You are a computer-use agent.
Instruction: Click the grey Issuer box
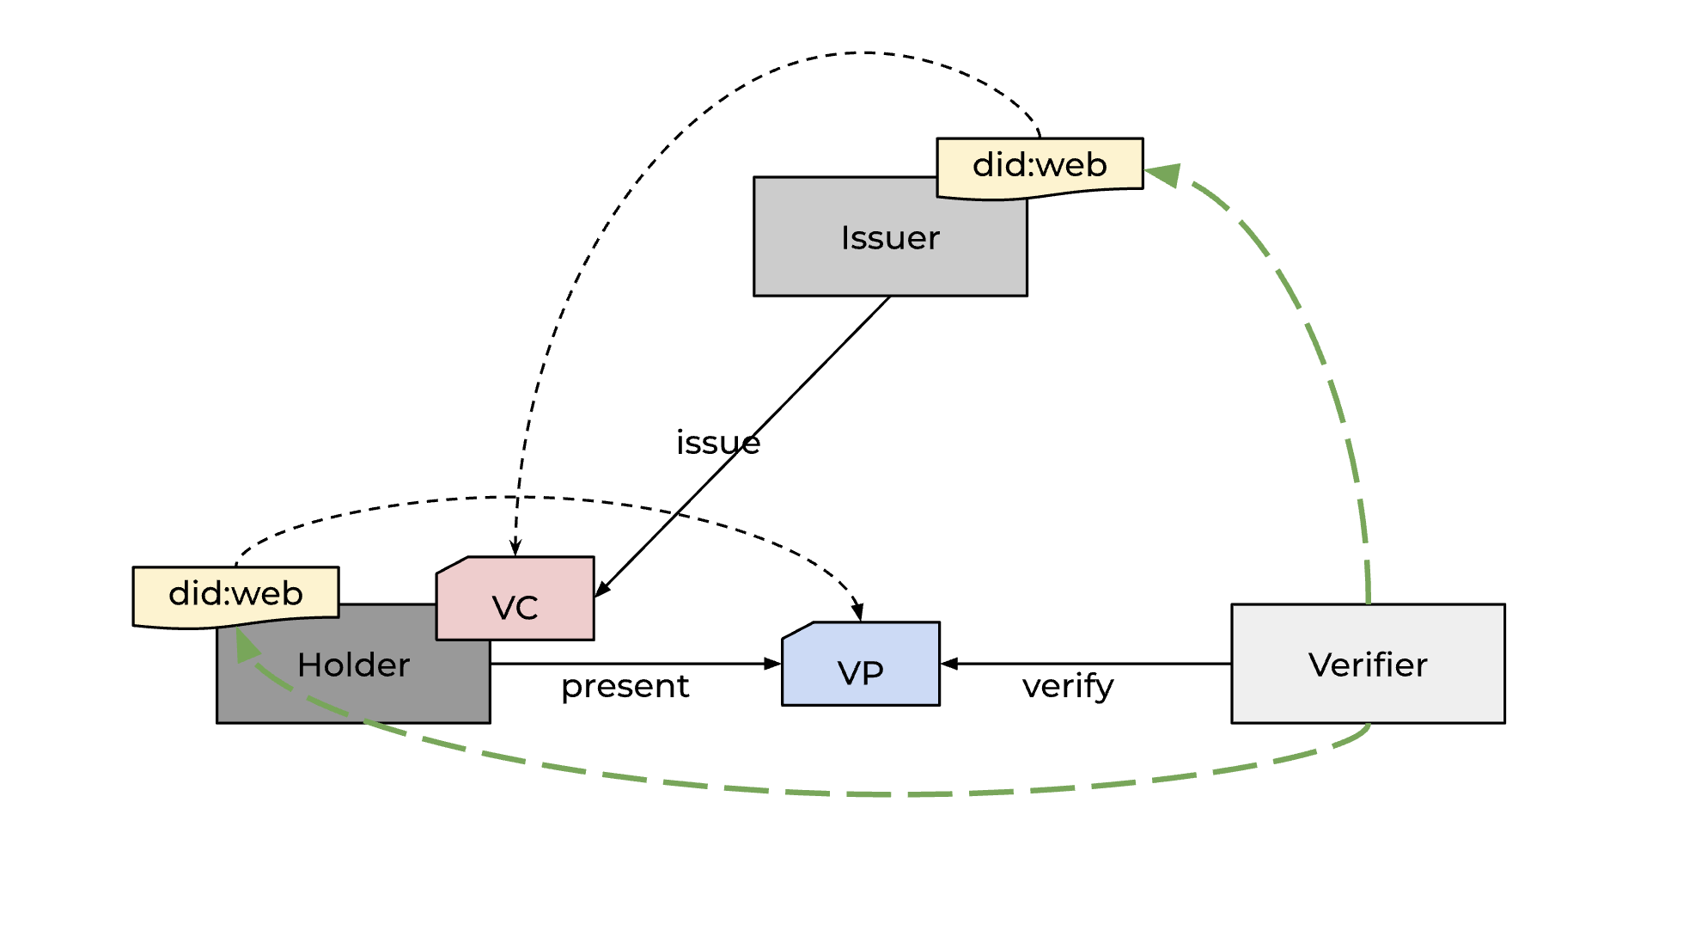click(x=859, y=258)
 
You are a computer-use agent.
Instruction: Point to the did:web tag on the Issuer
click(x=1040, y=166)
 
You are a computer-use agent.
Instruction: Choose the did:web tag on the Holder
click(x=235, y=594)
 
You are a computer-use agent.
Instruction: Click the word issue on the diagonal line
click(x=718, y=443)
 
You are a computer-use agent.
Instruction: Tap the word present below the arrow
click(x=625, y=686)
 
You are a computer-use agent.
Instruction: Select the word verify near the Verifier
click(x=1068, y=686)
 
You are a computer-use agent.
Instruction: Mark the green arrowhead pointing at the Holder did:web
click(x=247, y=645)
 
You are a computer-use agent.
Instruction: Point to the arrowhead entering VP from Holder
click(x=772, y=664)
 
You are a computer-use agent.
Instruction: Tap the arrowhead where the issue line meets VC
click(x=602, y=589)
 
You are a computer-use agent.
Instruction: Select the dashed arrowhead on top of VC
click(x=515, y=548)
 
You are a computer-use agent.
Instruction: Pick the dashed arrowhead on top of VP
click(x=857, y=612)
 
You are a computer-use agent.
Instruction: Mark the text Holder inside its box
click(x=353, y=665)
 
